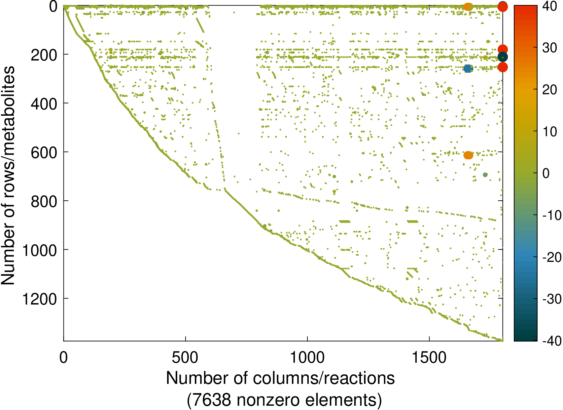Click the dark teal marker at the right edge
pyautogui.click(x=502, y=57)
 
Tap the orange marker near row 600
pyautogui.click(x=468, y=155)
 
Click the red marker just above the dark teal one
pyautogui.click(x=502, y=49)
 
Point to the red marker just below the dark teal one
pyautogui.click(x=502, y=67)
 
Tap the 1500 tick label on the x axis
pyautogui.click(x=429, y=358)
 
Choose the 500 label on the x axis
pyautogui.click(x=185, y=358)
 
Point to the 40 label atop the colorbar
pyautogui.click(x=550, y=6)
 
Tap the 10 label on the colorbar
pyautogui.click(x=550, y=132)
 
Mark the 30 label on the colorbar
pyautogui.click(x=550, y=48)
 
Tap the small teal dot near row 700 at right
pyautogui.click(x=485, y=175)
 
